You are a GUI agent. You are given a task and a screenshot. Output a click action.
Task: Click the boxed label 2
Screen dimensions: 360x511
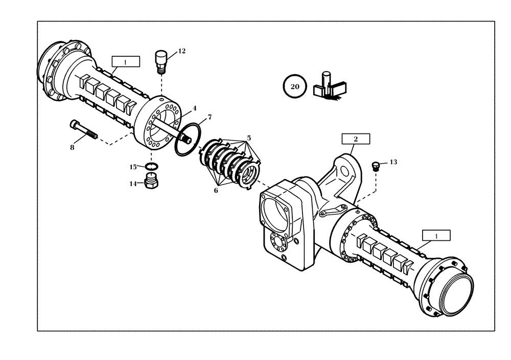click(355, 139)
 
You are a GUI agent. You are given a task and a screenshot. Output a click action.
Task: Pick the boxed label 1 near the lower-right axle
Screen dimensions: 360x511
click(436, 235)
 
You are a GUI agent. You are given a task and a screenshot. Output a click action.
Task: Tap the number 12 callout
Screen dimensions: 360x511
click(181, 51)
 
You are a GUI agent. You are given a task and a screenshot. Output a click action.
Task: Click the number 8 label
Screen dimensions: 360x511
click(72, 147)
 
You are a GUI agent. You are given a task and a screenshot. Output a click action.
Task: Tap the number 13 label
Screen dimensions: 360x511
click(393, 162)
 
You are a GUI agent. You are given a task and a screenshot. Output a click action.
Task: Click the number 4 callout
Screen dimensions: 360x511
click(194, 109)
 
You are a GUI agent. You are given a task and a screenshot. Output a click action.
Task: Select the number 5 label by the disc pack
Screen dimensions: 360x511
click(249, 138)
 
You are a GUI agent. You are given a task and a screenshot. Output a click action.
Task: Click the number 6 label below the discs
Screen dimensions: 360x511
click(216, 190)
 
